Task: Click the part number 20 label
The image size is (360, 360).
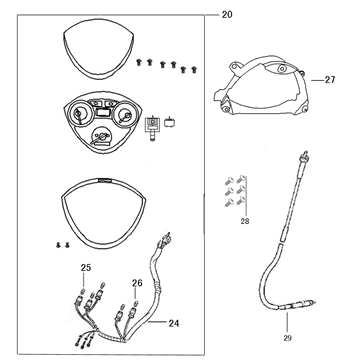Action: pyautogui.click(x=225, y=14)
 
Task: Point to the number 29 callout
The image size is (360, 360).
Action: pyautogui.click(x=288, y=340)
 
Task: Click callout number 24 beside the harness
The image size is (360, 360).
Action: pyautogui.click(x=174, y=323)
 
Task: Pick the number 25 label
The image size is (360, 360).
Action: pyautogui.click(x=85, y=267)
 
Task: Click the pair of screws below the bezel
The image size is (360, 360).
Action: pyautogui.click(x=62, y=243)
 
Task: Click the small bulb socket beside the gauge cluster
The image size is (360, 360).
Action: pyautogui.click(x=152, y=124)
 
